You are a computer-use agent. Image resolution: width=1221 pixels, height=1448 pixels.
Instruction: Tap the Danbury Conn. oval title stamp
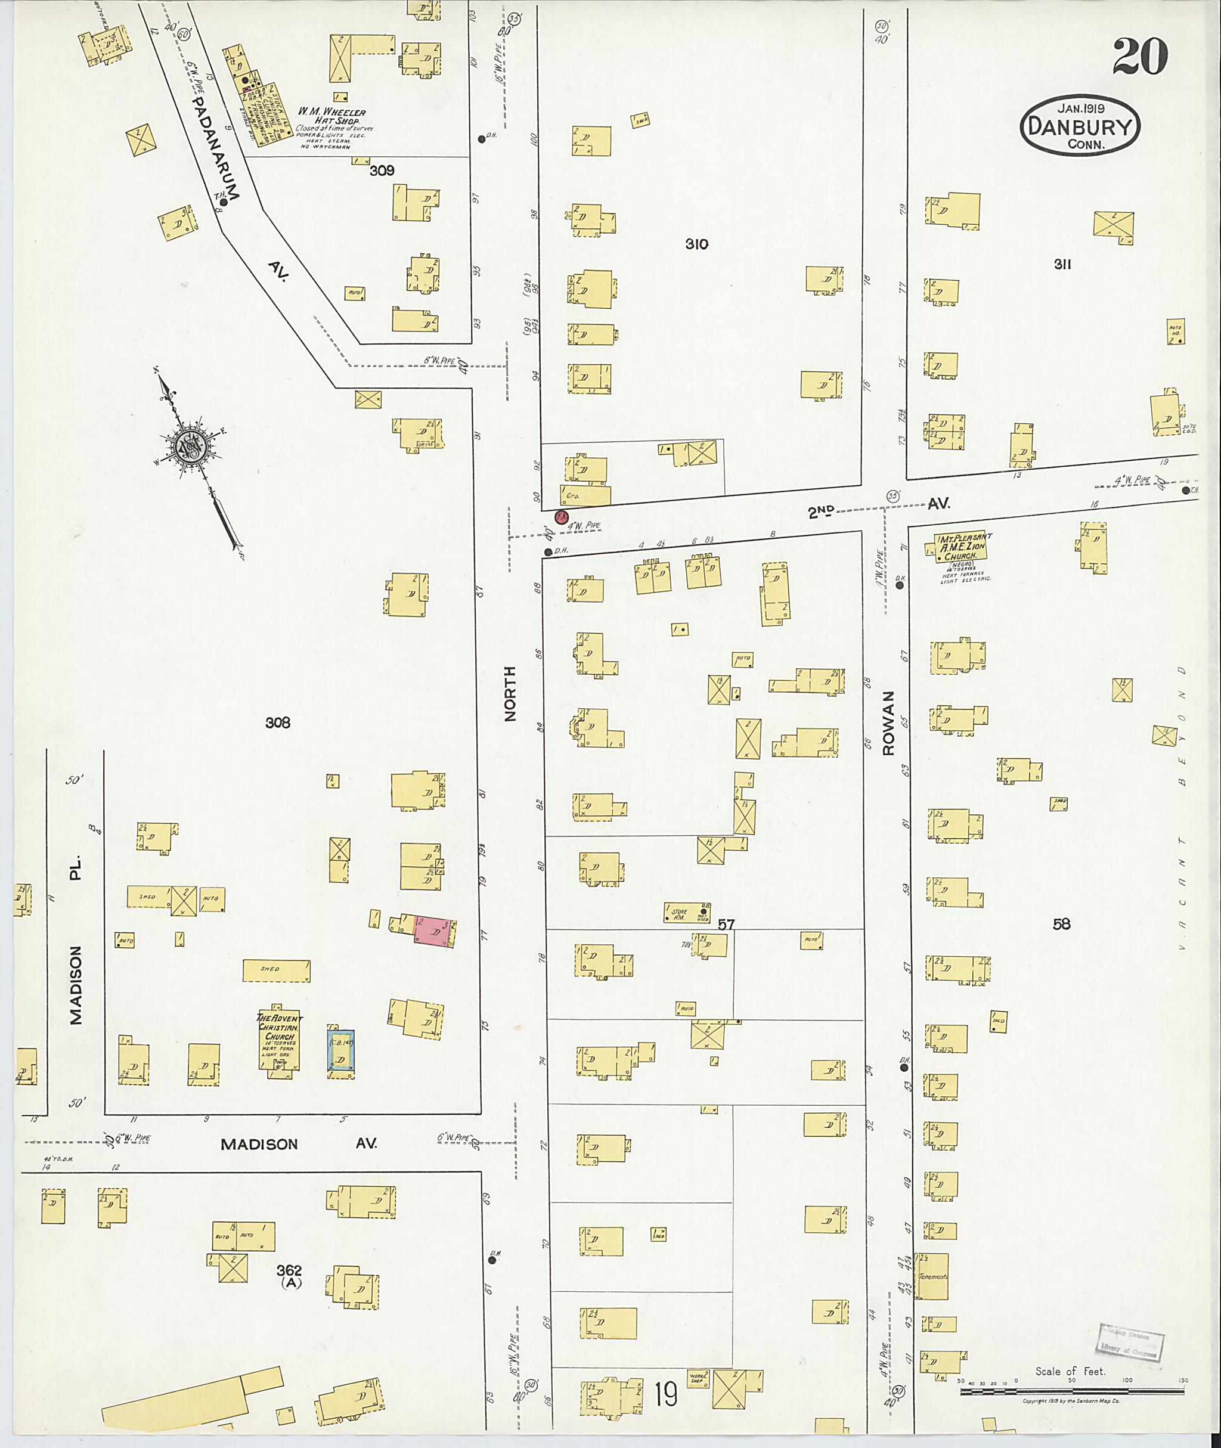(1080, 126)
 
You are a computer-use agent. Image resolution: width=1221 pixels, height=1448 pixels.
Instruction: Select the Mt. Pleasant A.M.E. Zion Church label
(963, 546)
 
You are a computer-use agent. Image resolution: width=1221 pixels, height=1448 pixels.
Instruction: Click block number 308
(278, 723)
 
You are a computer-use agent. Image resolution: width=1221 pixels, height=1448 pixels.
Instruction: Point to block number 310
(696, 244)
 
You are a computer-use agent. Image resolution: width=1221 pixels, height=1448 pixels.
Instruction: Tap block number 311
(1063, 263)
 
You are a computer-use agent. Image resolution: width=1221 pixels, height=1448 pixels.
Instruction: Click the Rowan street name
(888, 722)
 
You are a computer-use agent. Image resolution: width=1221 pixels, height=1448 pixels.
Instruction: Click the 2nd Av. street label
(878, 508)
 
